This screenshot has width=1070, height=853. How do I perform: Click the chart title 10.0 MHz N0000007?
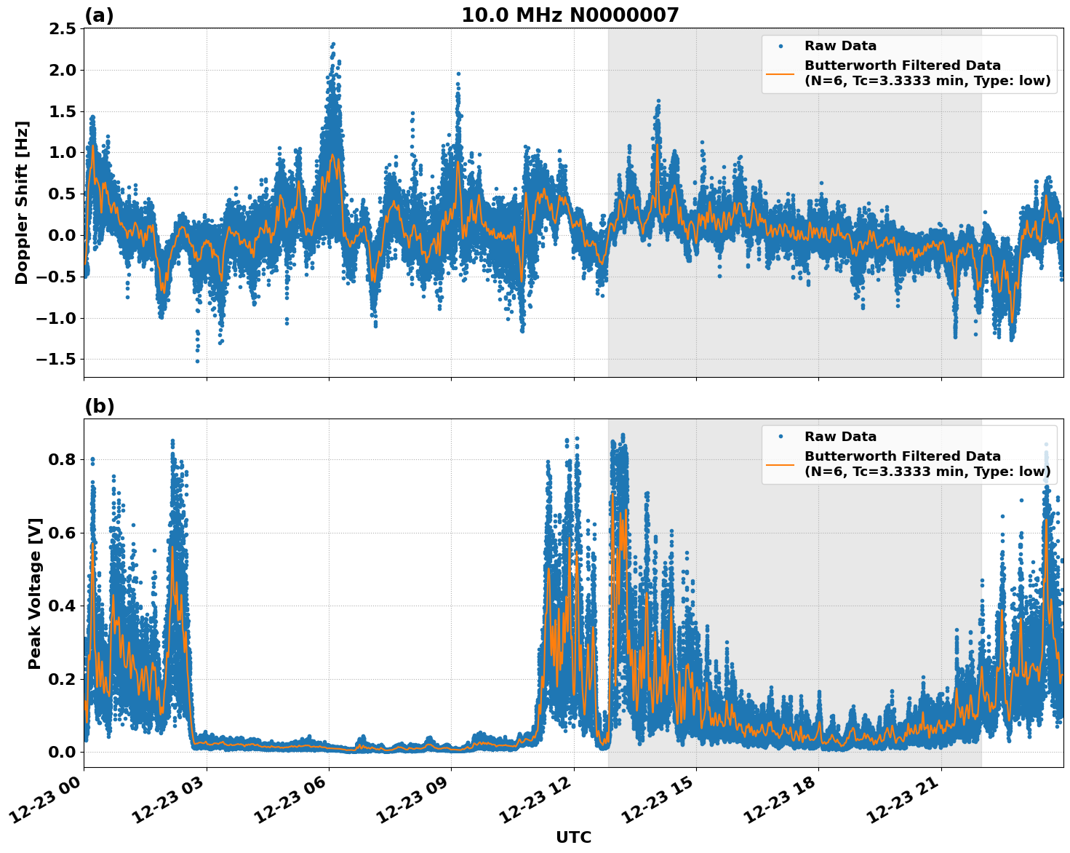pos(570,15)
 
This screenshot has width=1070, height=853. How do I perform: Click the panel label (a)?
pos(99,15)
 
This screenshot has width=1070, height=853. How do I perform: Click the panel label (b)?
pos(100,406)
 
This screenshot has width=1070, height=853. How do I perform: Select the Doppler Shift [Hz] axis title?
pos(22,202)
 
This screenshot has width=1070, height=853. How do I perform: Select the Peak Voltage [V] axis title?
pos(35,593)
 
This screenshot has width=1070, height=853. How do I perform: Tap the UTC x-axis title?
pos(573,838)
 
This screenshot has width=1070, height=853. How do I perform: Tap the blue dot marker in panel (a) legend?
pos(780,46)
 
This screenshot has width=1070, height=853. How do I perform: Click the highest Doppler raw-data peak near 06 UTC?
pos(333,44)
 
